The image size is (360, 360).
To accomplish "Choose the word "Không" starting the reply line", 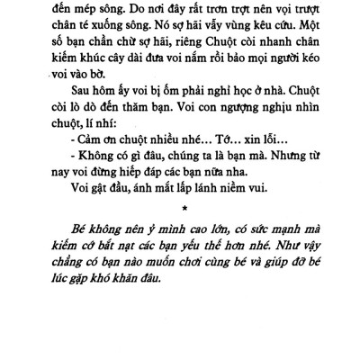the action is [107, 202].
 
